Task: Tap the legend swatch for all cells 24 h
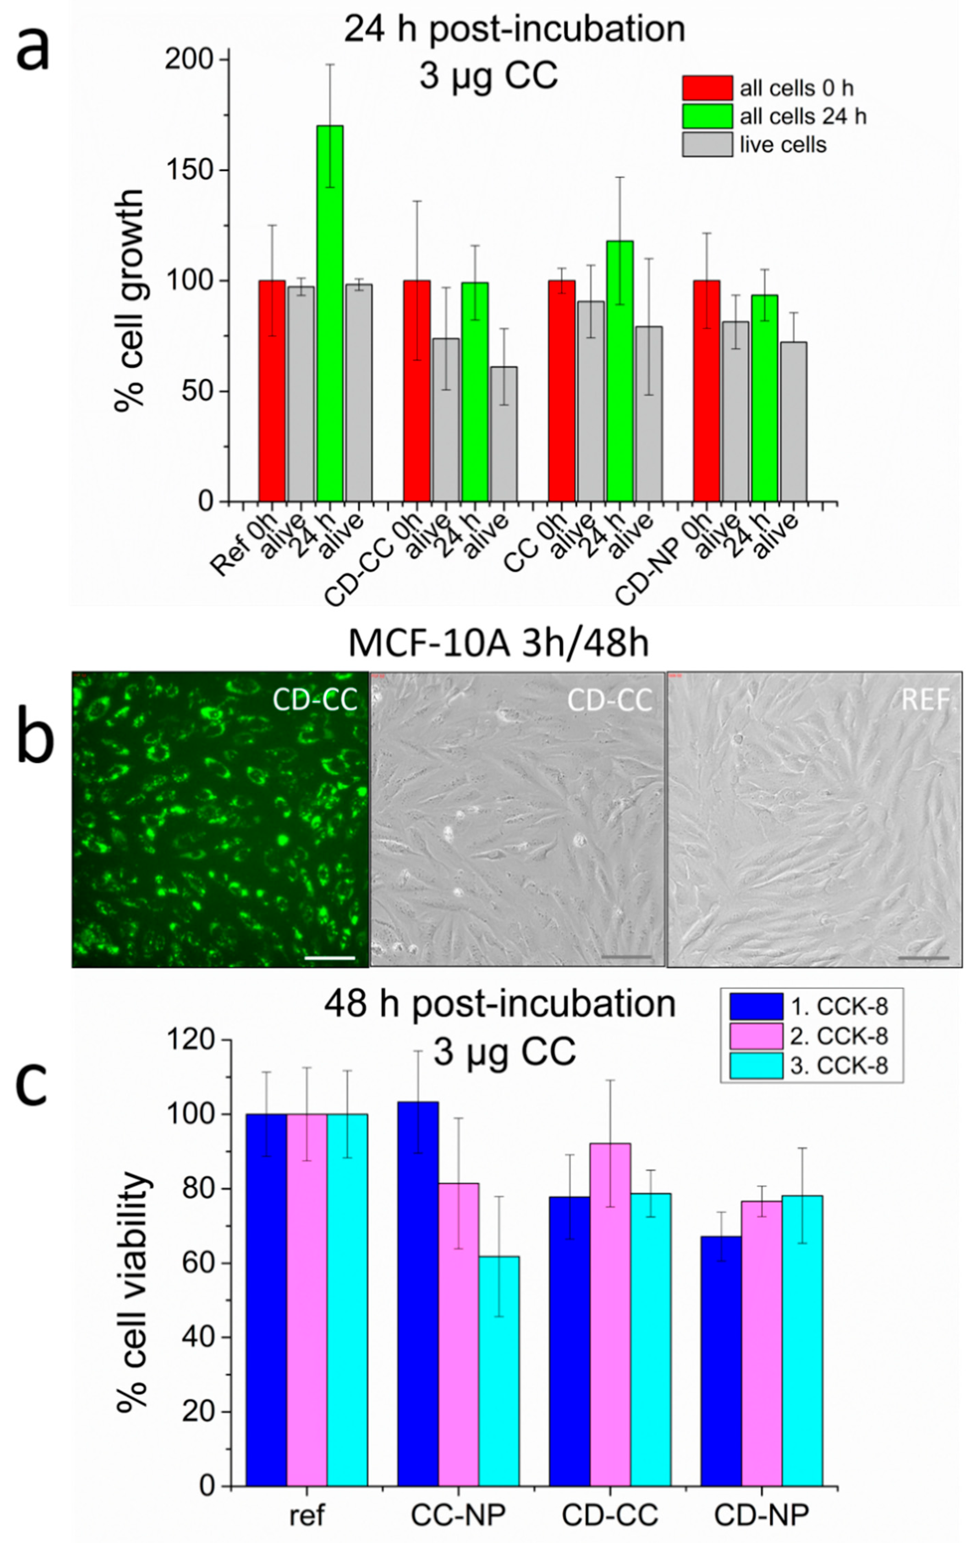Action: click(706, 116)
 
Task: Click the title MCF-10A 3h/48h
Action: click(498, 644)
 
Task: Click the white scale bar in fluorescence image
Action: click(330, 958)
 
